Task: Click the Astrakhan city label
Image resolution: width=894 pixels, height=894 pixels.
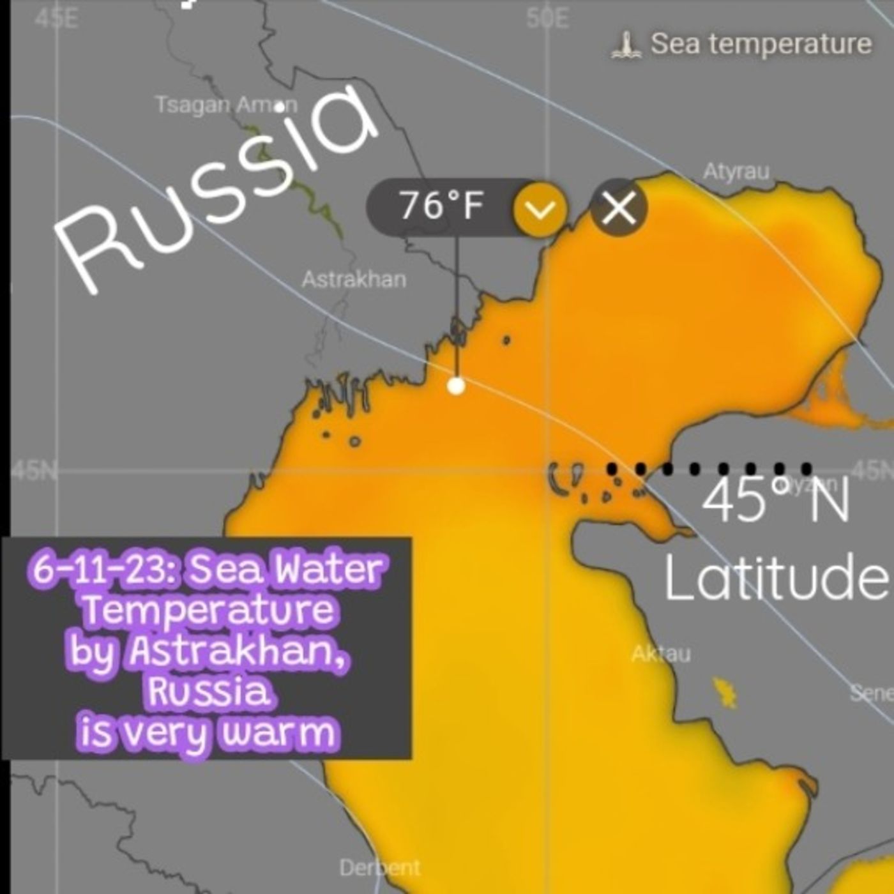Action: click(353, 280)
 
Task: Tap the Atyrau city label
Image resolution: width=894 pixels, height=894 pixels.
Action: click(736, 172)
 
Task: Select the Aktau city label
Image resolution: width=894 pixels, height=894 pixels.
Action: click(661, 654)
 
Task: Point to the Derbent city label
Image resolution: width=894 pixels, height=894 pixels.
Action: click(379, 868)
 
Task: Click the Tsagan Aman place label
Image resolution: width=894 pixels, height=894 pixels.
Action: click(226, 105)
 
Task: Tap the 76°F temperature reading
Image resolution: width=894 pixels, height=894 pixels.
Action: click(441, 206)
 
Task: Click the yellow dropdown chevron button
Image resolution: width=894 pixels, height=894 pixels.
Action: click(540, 208)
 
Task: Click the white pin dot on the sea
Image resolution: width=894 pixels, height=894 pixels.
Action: click(456, 386)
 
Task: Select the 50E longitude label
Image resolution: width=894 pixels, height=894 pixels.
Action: click(547, 19)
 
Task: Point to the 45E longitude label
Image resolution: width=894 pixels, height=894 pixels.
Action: click(56, 19)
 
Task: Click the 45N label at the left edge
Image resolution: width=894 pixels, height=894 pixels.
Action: click(33, 471)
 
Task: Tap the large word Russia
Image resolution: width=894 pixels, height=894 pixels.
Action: click(217, 192)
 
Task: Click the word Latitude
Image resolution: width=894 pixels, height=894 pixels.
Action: click(775, 577)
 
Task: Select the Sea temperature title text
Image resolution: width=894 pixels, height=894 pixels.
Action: click(761, 44)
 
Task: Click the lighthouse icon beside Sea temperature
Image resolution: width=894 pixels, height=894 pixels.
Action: click(626, 45)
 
